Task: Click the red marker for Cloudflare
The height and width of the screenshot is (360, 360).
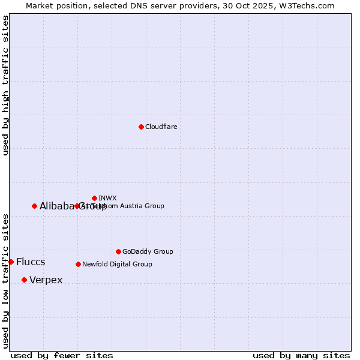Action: [141, 127]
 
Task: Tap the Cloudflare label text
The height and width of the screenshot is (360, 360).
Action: [161, 127]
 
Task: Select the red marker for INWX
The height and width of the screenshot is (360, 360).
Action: [94, 198]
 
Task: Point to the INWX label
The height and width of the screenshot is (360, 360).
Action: [107, 198]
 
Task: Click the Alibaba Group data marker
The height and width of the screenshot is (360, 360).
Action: [34, 206]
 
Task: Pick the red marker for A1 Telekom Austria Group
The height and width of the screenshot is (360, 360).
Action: [77, 206]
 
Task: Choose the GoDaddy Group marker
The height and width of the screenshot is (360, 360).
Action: [118, 251]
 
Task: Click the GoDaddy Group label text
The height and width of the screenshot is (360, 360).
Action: [148, 251]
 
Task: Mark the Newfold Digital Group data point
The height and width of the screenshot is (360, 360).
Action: [78, 264]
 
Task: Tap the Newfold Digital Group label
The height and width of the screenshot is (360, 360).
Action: [117, 264]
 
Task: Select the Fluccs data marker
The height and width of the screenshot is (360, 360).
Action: [11, 262]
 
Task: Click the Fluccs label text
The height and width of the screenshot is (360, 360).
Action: [31, 262]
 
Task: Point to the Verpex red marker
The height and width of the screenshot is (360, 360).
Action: [24, 280]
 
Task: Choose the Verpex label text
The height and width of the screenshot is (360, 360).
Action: [46, 280]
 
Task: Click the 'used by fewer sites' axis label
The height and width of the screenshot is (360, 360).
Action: [62, 355]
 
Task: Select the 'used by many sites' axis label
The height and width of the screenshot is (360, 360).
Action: [301, 355]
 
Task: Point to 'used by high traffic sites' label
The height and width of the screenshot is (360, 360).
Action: [5, 85]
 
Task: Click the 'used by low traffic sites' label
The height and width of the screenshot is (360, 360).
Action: [5, 280]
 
